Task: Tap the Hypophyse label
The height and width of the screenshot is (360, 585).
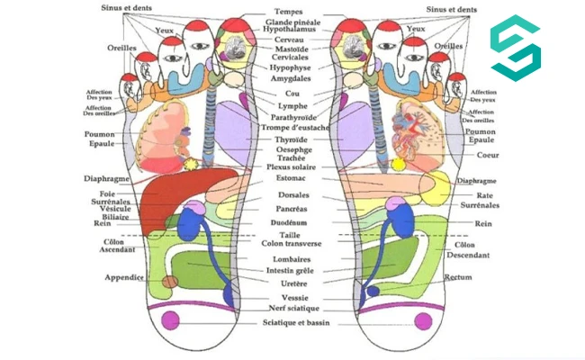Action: pyautogui.click(x=290, y=67)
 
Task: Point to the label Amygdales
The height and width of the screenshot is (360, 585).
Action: pyautogui.click(x=290, y=79)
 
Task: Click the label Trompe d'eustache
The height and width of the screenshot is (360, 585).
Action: pyautogui.click(x=295, y=128)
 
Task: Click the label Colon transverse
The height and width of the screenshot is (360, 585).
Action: pyautogui.click(x=291, y=243)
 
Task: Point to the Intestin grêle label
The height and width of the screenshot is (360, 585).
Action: pyautogui.click(x=291, y=271)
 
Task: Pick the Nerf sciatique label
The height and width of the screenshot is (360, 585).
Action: pyautogui.click(x=290, y=308)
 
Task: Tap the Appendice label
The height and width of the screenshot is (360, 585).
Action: pyautogui.click(x=124, y=277)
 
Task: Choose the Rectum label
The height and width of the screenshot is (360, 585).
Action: pyautogui.click(x=459, y=277)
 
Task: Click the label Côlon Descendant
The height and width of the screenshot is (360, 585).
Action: pyautogui.click(x=463, y=249)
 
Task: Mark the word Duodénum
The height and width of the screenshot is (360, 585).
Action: pyautogui.click(x=290, y=221)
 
